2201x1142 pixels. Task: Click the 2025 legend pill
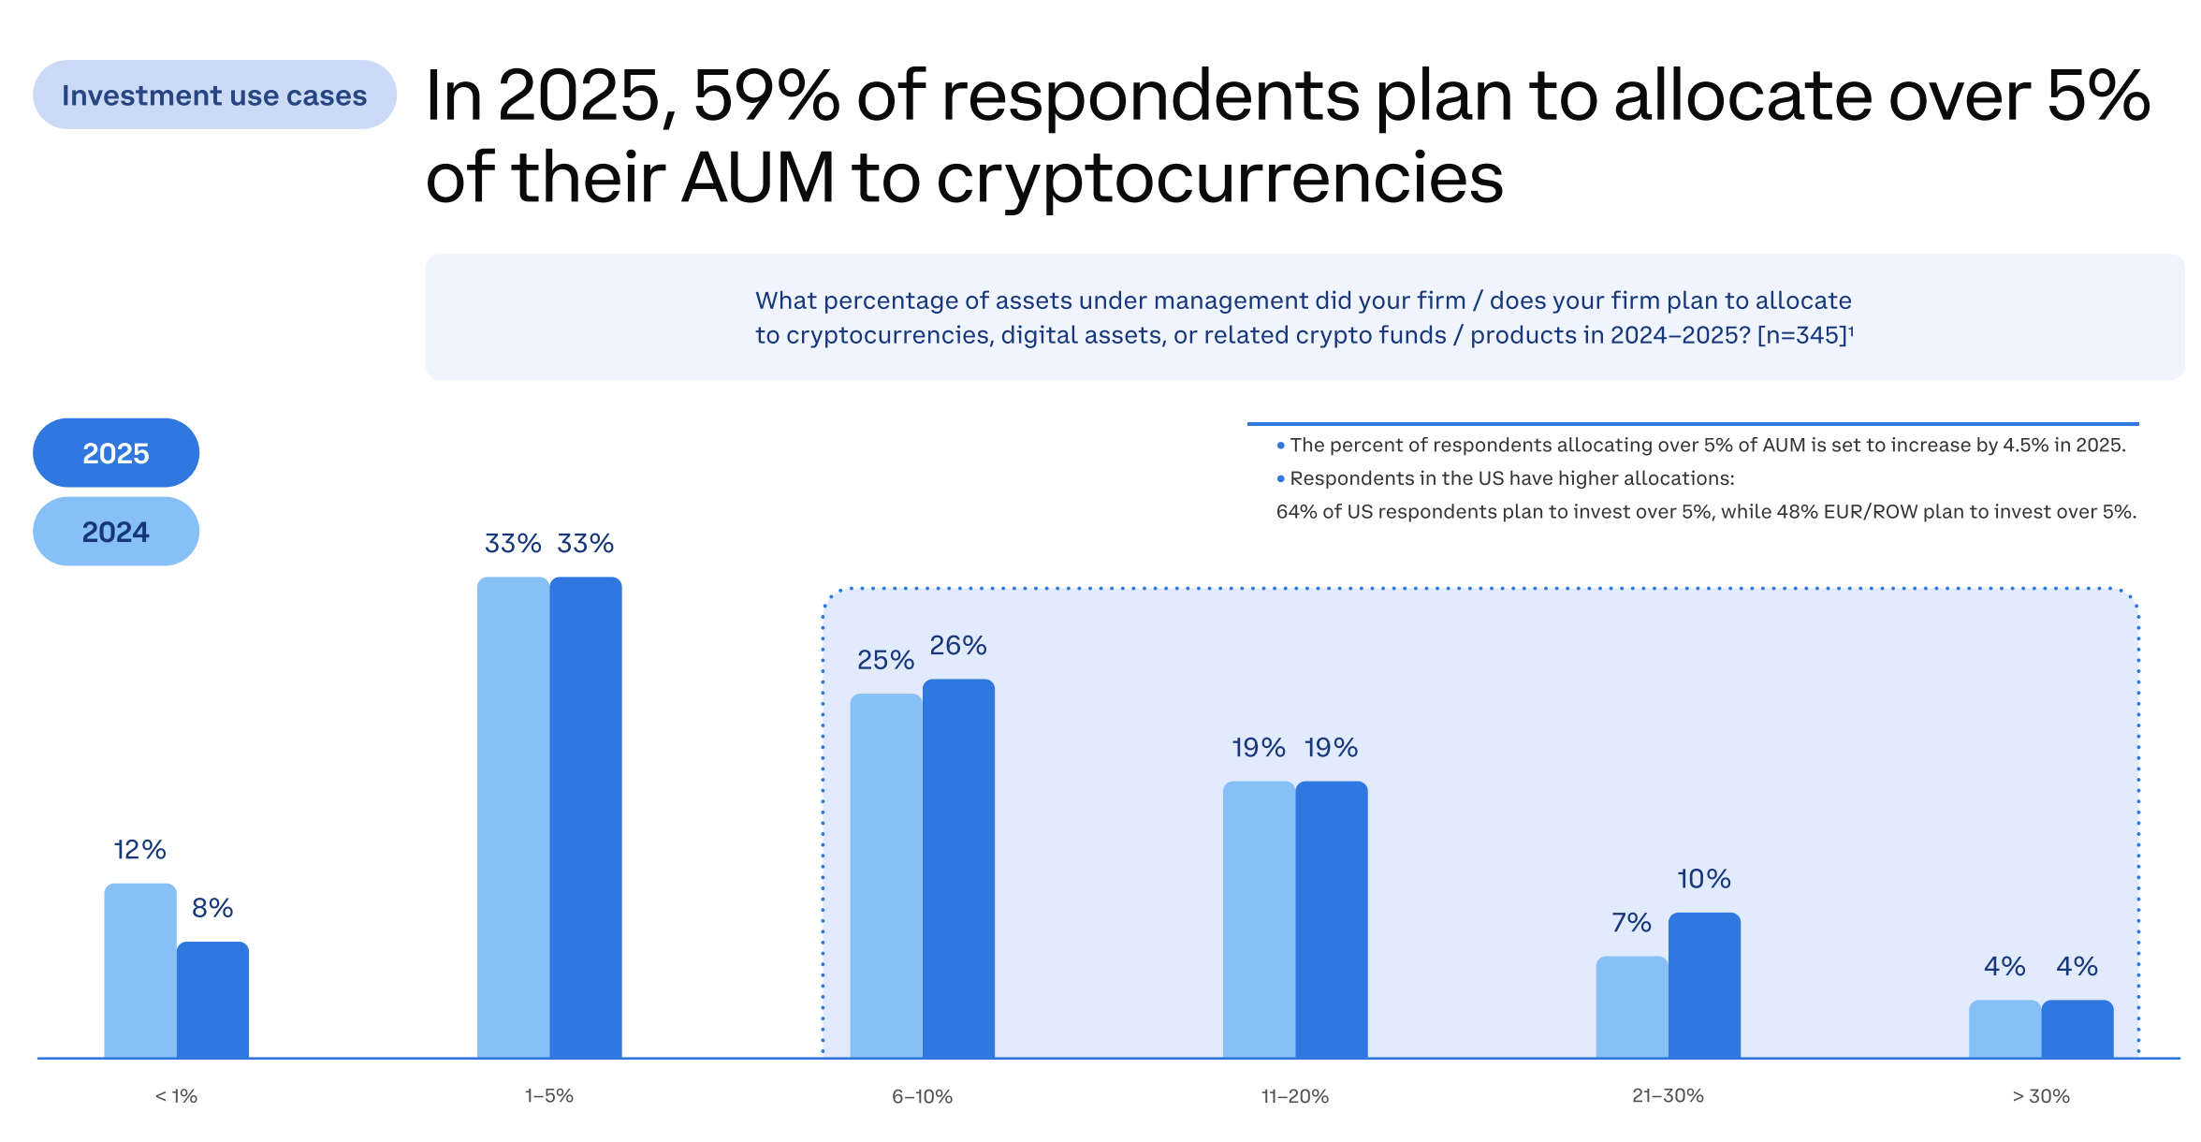click(x=116, y=453)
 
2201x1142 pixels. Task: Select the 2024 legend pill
click(x=116, y=532)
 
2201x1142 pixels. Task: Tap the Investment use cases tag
click(x=214, y=95)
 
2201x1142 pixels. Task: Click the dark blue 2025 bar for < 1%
click(x=213, y=1000)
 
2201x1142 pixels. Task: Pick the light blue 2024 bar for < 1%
click(x=140, y=971)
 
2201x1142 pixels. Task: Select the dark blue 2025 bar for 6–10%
click(x=958, y=869)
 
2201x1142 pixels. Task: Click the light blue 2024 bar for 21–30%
click(x=1631, y=1007)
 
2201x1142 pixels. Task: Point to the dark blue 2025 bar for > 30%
click(x=2077, y=1029)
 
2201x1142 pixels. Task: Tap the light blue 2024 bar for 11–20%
click(x=1259, y=919)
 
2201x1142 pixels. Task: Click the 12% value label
click(x=140, y=850)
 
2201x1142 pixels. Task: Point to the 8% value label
click(x=212, y=908)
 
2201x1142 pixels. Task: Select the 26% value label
click(x=958, y=646)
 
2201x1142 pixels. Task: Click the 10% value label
click(x=1704, y=879)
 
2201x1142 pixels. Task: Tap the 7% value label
click(x=1631, y=923)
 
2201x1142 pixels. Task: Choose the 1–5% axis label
click(x=549, y=1096)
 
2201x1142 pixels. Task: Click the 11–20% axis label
click(x=1295, y=1096)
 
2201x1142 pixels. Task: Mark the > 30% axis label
click(x=2041, y=1096)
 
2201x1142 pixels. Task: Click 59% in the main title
click(x=766, y=95)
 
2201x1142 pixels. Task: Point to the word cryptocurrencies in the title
click(x=1219, y=178)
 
